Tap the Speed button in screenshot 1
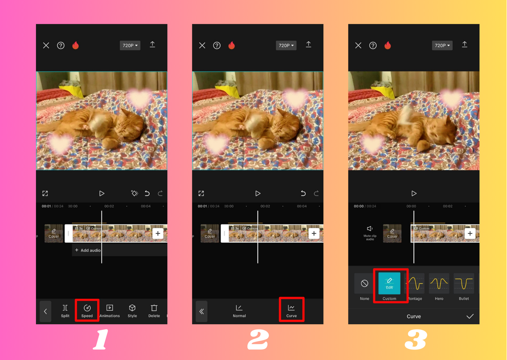coord(87,310)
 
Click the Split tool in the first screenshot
coord(65,310)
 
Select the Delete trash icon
coord(154,310)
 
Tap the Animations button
coord(110,310)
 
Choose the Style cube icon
coord(132,310)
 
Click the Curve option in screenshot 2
coord(291,310)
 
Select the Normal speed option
coord(239,310)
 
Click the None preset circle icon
coord(364,284)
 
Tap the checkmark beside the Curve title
coord(470,316)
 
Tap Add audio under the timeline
coord(88,250)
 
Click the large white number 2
coord(258,340)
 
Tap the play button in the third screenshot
coord(414,193)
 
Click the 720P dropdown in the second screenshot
coord(286,46)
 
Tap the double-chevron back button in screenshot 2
coord(202,312)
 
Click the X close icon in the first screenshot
coord(46,46)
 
